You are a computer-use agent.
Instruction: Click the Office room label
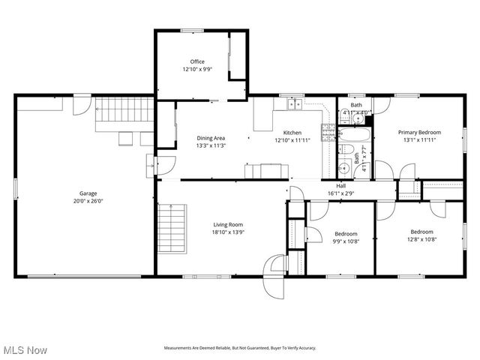197,61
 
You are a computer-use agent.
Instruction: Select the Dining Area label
211,138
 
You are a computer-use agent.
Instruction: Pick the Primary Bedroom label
419,133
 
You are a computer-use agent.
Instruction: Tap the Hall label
340,185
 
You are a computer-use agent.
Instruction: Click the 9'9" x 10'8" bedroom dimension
346,241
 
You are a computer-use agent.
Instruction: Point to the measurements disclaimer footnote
240,348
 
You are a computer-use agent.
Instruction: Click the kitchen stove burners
328,133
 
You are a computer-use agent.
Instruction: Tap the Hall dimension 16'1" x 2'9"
340,193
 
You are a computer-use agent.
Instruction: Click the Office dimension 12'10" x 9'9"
197,69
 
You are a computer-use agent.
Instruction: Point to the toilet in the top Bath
345,116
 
